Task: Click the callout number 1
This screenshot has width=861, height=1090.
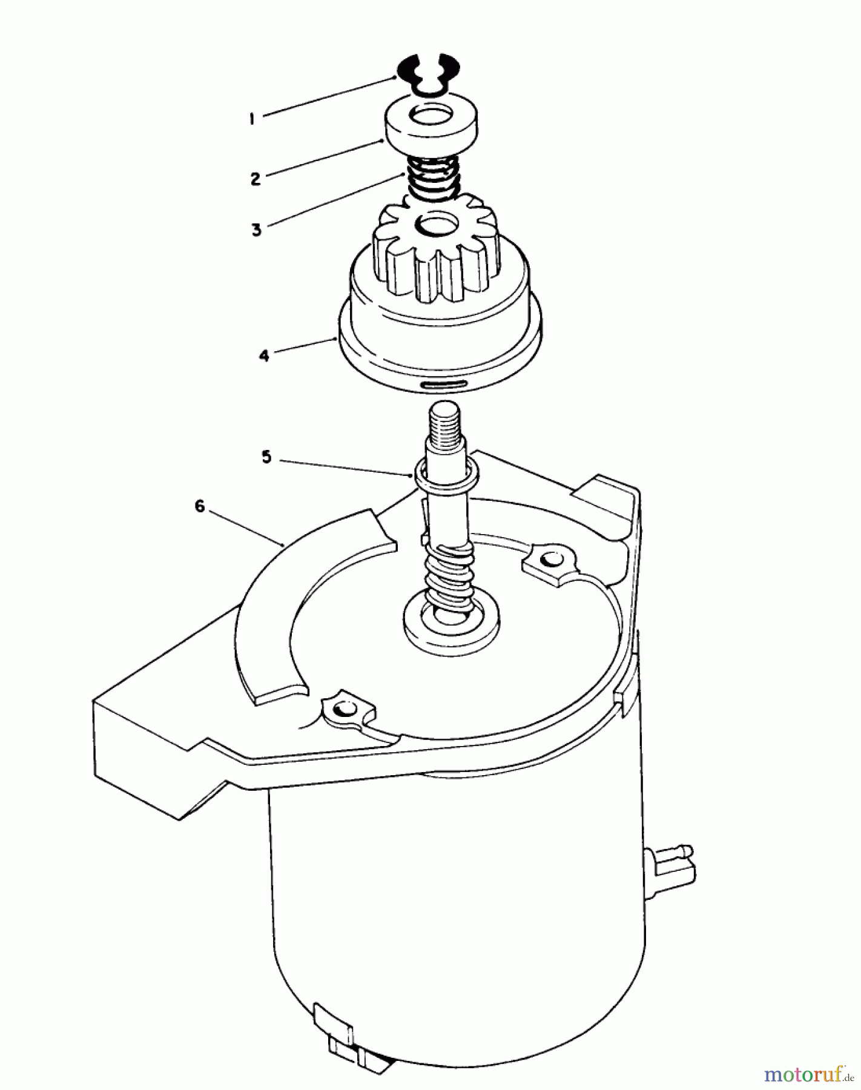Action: pos(251,119)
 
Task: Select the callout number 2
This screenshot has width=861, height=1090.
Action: pos(255,179)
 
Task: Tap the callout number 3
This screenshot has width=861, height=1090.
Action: pos(257,230)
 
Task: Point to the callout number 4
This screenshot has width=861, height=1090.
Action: pos(264,355)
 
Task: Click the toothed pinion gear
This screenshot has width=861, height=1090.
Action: pos(436,254)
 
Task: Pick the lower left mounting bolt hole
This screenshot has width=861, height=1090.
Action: pos(345,708)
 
